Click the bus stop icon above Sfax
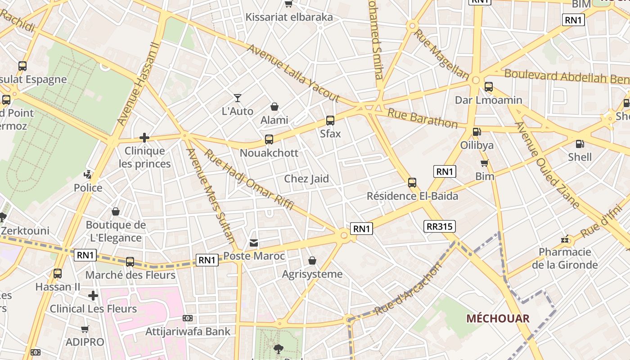(330, 121)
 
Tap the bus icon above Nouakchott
(269, 139)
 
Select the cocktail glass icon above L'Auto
(238, 98)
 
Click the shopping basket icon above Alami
(274, 107)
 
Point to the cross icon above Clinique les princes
(144, 138)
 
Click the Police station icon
(88, 174)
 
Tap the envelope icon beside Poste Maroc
(254, 243)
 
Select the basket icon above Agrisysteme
(312, 261)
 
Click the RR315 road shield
(440, 226)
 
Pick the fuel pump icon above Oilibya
(477, 132)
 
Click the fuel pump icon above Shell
(580, 144)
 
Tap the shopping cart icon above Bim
(485, 163)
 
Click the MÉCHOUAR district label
(498, 319)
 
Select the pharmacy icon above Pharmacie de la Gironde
(565, 239)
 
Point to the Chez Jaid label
(306, 179)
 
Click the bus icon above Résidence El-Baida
(412, 183)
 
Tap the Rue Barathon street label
(423, 118)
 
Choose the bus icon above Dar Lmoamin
(489, 87)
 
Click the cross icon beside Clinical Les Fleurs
(93, 296)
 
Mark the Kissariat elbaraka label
(289, 17)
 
